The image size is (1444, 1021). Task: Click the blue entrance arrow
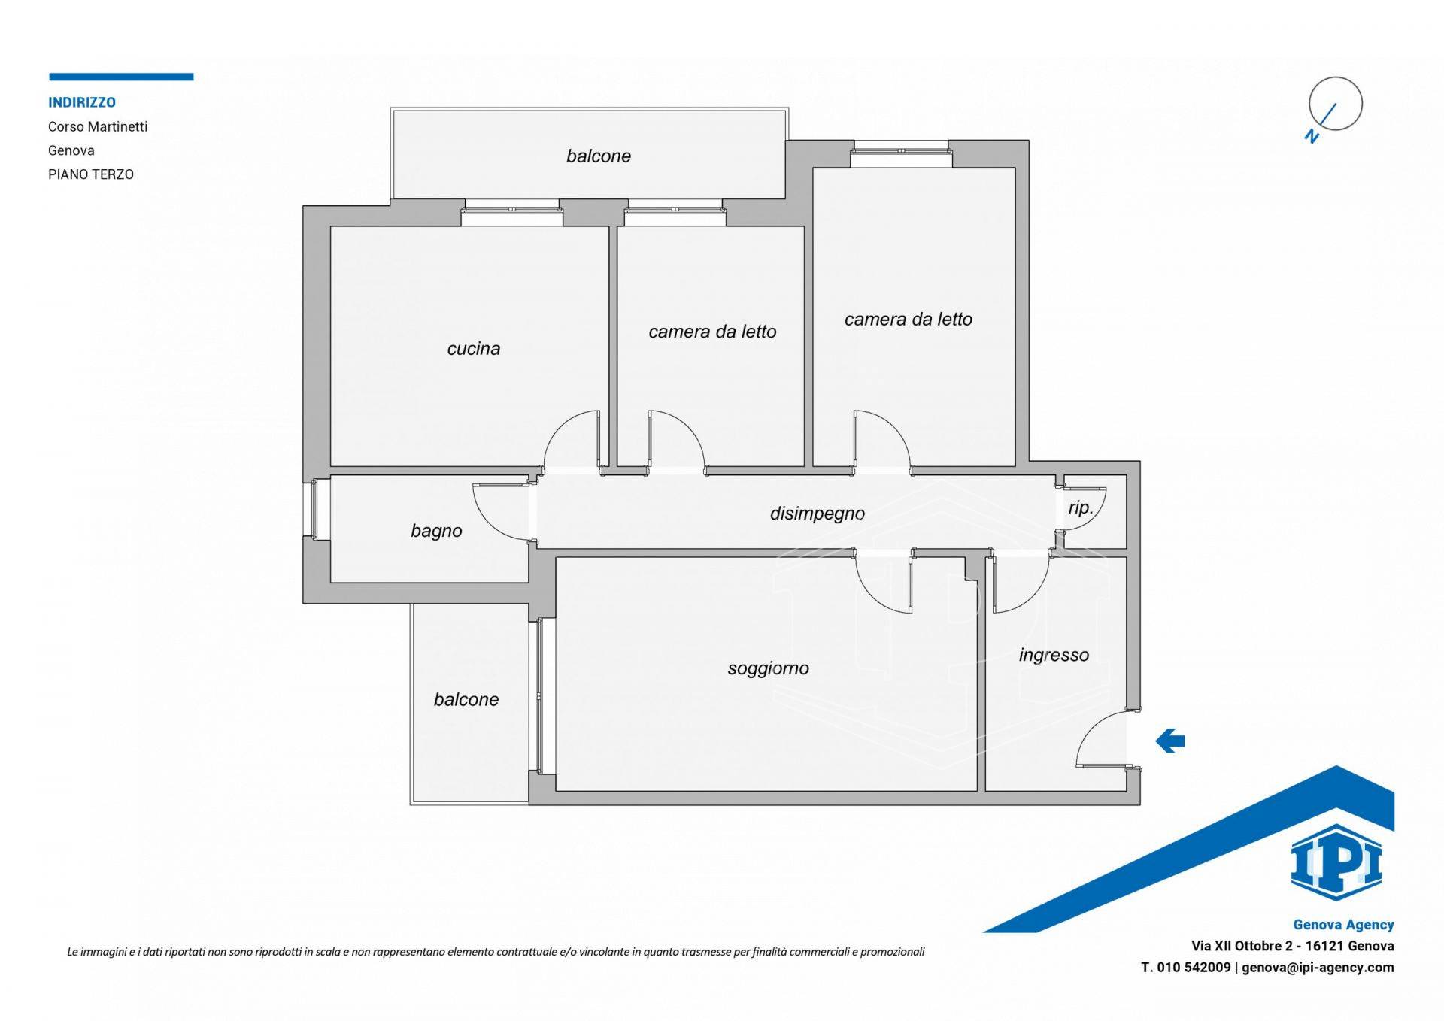tap(1169, 741)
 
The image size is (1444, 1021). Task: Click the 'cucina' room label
tap(473, 348)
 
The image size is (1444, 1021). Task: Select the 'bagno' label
tap(436, 531)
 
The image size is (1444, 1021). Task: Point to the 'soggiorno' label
tap(768, 668)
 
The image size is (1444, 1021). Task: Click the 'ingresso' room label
tap(1054, 655)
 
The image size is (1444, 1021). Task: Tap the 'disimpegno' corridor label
tap(818, 514)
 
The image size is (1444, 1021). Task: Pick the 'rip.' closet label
tap(1081, 508)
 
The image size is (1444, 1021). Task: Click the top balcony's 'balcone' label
tap(599, 156)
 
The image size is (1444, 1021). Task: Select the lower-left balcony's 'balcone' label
tap(466, 699)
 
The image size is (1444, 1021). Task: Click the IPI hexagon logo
tap(1336, 862)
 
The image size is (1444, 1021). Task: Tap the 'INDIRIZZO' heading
tap(82, 102)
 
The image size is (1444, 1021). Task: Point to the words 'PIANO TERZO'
tap(91, 174)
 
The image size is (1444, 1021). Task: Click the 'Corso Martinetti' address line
tap(98, 126)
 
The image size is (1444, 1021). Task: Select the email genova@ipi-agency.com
tap(1318, 968)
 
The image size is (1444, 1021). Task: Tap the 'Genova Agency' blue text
tap(1344, 925)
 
